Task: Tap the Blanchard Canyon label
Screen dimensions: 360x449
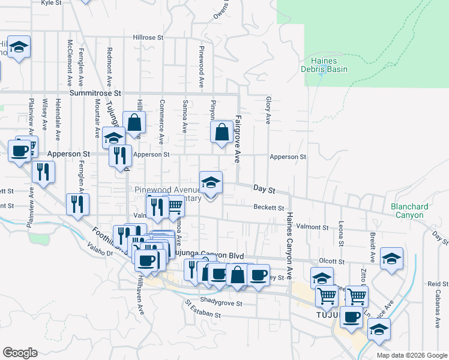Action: (x=409, y=211)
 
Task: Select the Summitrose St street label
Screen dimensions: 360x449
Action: (x=95, y=94)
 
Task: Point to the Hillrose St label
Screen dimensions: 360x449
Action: (x=148, y=37)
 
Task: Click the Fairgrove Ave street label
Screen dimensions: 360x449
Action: (x=238, y=139)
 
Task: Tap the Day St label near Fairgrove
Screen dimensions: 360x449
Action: (x=264, y=189)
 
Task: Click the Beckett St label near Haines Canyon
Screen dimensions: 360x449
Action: (x=268, y=208)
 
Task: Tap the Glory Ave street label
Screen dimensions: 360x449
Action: (x=268, y=110)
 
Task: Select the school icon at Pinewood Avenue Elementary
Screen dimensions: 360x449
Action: (x=211, y=182)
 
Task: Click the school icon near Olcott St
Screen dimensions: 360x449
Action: (x=391, y=258)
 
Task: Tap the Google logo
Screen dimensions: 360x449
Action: (x=20, y=353)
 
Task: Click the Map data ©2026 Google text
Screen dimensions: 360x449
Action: (x=412, y=355)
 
